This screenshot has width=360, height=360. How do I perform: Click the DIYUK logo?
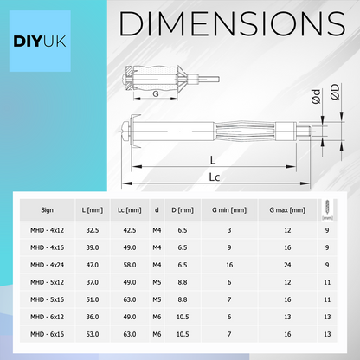(x=40, y=42)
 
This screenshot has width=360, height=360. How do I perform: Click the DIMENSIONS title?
(x=232, y=24)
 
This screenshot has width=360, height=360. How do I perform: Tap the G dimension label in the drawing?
(x=156, y=93)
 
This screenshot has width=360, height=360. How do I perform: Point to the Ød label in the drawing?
(x=316, y=96)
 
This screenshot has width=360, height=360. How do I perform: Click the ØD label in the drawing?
(x=335, y=92)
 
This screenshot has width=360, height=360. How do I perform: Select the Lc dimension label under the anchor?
(x=214, y=177)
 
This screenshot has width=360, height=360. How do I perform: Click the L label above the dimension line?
(x=213, y=160)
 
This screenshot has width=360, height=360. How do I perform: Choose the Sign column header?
(x=47, y=210)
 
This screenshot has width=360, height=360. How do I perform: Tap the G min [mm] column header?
(x=229, y=210)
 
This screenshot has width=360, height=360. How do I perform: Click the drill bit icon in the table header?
(x=327, y=209)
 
